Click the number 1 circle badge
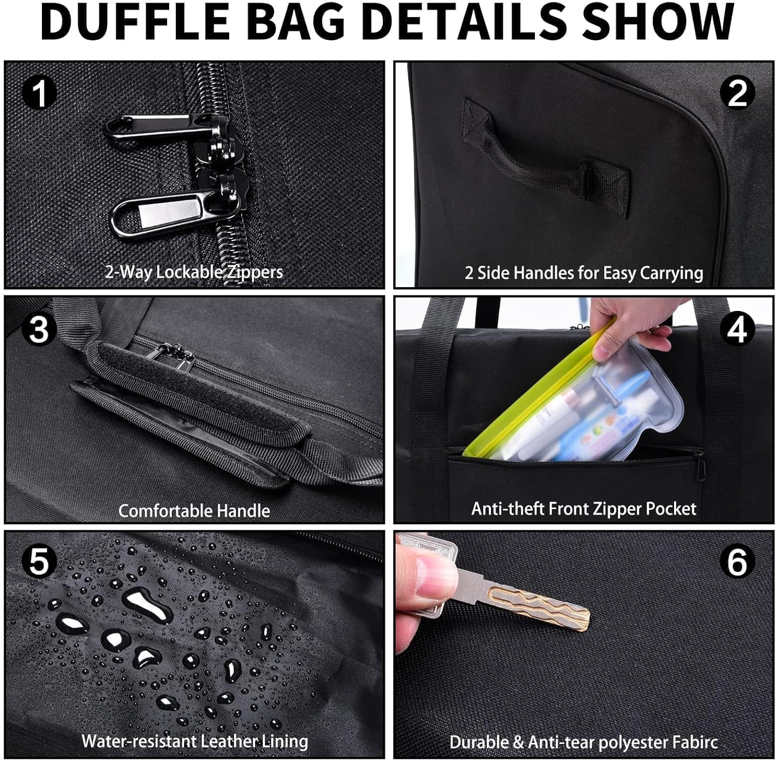(39, 94)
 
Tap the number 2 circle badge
(737, 94)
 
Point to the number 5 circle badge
(39, 562)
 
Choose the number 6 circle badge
(737, 562)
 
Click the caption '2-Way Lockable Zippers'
(194, 272)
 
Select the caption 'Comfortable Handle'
(194, 511)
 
